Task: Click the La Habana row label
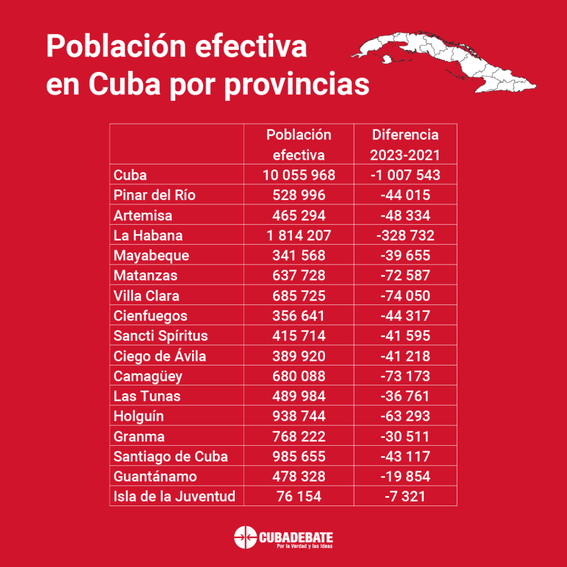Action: [148, 235]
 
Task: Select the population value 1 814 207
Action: [299, 235]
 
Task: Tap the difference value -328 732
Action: [405, 235]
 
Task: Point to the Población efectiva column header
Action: [299, 145]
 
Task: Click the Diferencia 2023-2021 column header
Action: [405, 145]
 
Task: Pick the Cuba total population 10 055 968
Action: [299, 175]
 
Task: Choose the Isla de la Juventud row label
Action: [174, 496]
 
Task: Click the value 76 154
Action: [299, 496]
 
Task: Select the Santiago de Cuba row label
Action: [171, 456]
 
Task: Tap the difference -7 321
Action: [405, 496]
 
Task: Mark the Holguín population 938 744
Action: [299, 416]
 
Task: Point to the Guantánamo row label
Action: [155, 476]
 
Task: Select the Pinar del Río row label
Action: [154, 195]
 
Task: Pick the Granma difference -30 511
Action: [405, 436]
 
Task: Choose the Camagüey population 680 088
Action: [299, 376]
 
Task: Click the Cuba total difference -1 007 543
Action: [405, 175]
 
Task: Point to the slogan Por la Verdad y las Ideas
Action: [304, 547]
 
